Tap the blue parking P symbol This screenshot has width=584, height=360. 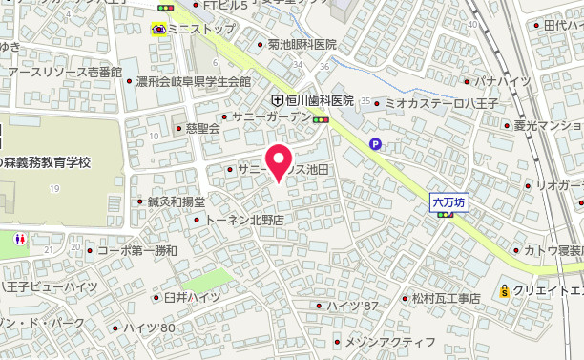[375, 145]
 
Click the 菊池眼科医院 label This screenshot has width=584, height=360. [302, 45]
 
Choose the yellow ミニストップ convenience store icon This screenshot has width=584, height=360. [158, 29]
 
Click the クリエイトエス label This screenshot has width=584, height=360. [549, 291]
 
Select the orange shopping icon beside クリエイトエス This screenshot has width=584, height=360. [504, 291]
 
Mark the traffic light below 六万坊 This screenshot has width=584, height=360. [445, 215]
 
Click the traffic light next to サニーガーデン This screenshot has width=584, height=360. [322, 119]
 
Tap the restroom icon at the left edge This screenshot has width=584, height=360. [19, 239]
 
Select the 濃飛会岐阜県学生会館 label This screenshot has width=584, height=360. [198, 82]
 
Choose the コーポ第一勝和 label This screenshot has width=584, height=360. [137, 250]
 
